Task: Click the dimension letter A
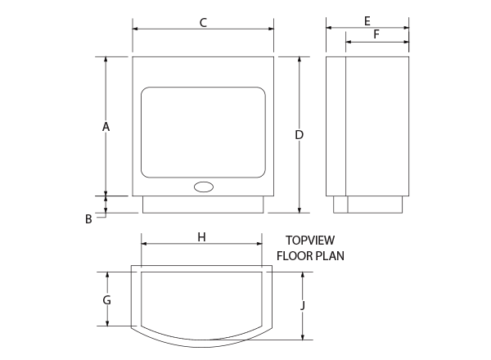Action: pyautogui.click(x=106, y=127)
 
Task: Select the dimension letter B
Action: pyautogui.click(x=88, y=218)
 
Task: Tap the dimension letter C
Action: pyautogui.click(x=203, y=23)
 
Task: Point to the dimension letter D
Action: pyautogui.click(x=300, y=135)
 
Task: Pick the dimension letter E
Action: pyautogui.click(x=367, y=21)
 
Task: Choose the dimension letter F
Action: pyautogui.click(x=376, y=34)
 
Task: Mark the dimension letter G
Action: pyautogui.click(x=106, y=300)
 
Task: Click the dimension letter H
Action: pyautogui.click(x=201, y=237)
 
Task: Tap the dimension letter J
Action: pyautogui.click(x=303, y=305)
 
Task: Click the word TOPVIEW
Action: pyautogui.click(x=310, y=241)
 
